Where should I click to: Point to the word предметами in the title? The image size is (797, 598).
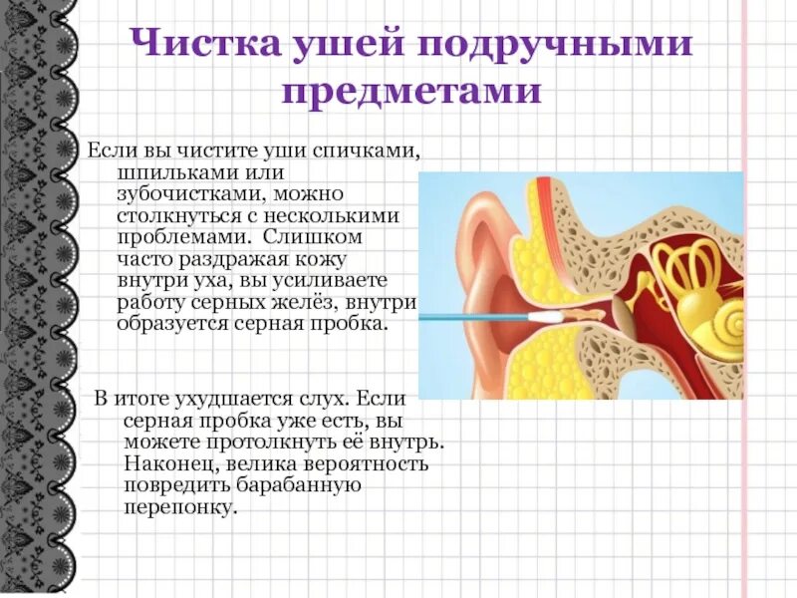click(x=410, y=93)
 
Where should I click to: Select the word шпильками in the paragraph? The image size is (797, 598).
click(x=168, y=172)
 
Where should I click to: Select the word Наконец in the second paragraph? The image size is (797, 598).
click(x=164, y=463)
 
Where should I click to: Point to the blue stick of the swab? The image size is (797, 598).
click(x=468, y=317)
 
